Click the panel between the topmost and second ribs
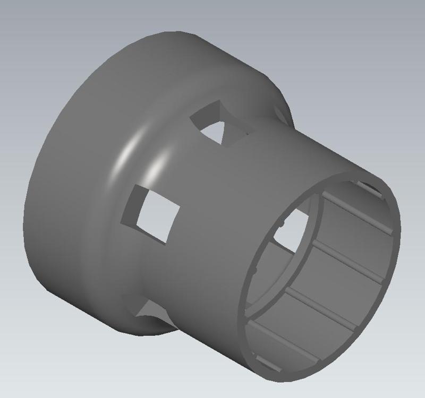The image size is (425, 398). pyautogui.click(x=353, y=236)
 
